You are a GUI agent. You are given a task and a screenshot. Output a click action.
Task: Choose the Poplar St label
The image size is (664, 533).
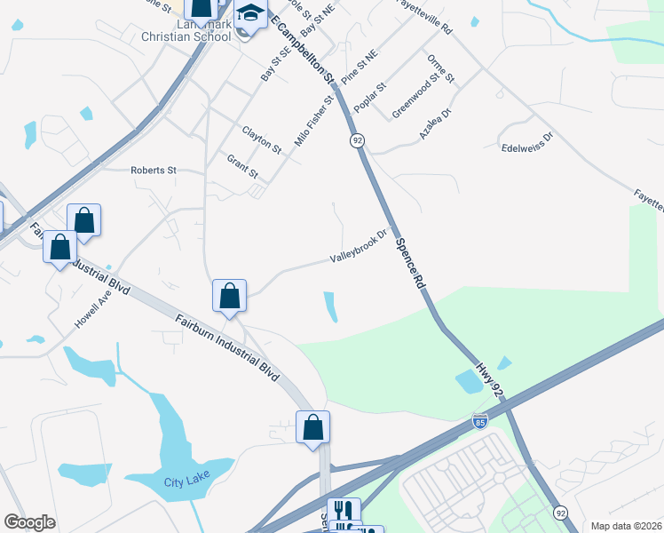pos(370,97)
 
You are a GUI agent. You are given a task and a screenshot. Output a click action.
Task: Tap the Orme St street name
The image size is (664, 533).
pos(441,68)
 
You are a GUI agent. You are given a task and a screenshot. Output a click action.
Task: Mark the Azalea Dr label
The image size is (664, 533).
pos(435,124)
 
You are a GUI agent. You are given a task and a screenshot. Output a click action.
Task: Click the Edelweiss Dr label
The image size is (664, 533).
pos(526,137)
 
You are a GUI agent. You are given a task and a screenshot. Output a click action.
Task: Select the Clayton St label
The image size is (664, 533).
pos(261,139)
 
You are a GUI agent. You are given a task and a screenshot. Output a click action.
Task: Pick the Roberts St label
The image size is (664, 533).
pos(154,170)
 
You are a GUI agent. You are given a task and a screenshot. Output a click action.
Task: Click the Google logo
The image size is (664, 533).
pos(29,522)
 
